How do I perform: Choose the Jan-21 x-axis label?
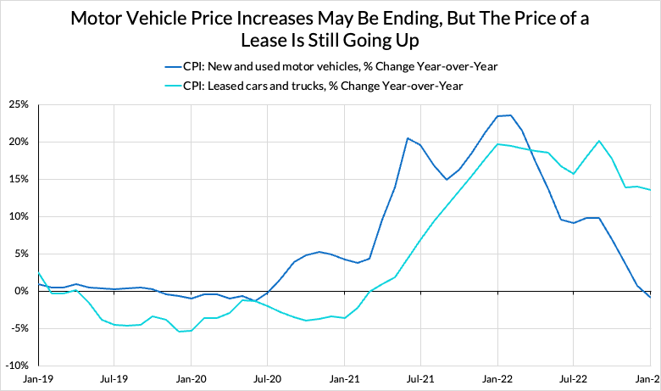[x=344, y=381]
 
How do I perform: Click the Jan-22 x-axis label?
[x=497, y=381]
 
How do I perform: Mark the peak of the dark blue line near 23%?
[x=510, y=115]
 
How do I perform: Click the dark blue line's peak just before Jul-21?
[x=408, y=138]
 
